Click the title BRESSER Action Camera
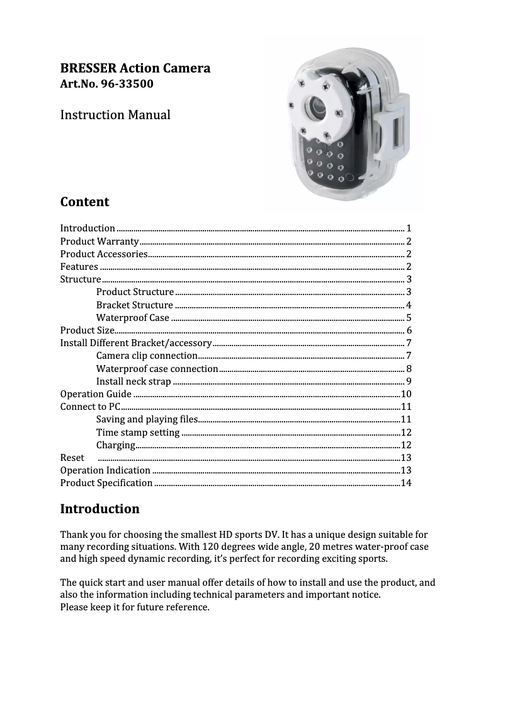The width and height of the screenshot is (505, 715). point(135,67)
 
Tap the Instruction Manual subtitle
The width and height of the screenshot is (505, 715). point(115,115)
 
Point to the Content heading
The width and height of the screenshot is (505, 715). point(84,202)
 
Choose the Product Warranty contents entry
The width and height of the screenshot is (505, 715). point(99,241)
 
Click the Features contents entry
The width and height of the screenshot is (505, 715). point(79,267)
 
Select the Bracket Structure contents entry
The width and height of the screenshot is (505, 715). point(135,305)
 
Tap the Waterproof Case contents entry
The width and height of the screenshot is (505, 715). point(132,317)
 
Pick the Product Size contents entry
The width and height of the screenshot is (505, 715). point(87,330)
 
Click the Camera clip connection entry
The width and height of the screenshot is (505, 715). point(147,356)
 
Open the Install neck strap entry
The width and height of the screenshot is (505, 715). point(133,381)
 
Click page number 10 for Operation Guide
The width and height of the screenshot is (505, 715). point(406,394)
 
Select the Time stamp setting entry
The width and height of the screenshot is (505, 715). point(138,432)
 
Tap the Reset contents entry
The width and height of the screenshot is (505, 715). point(72,457)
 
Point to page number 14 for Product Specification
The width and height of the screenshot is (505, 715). point(406,483)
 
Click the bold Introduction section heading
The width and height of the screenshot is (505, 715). point(99,508)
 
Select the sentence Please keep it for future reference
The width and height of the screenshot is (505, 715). point(135,607)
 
